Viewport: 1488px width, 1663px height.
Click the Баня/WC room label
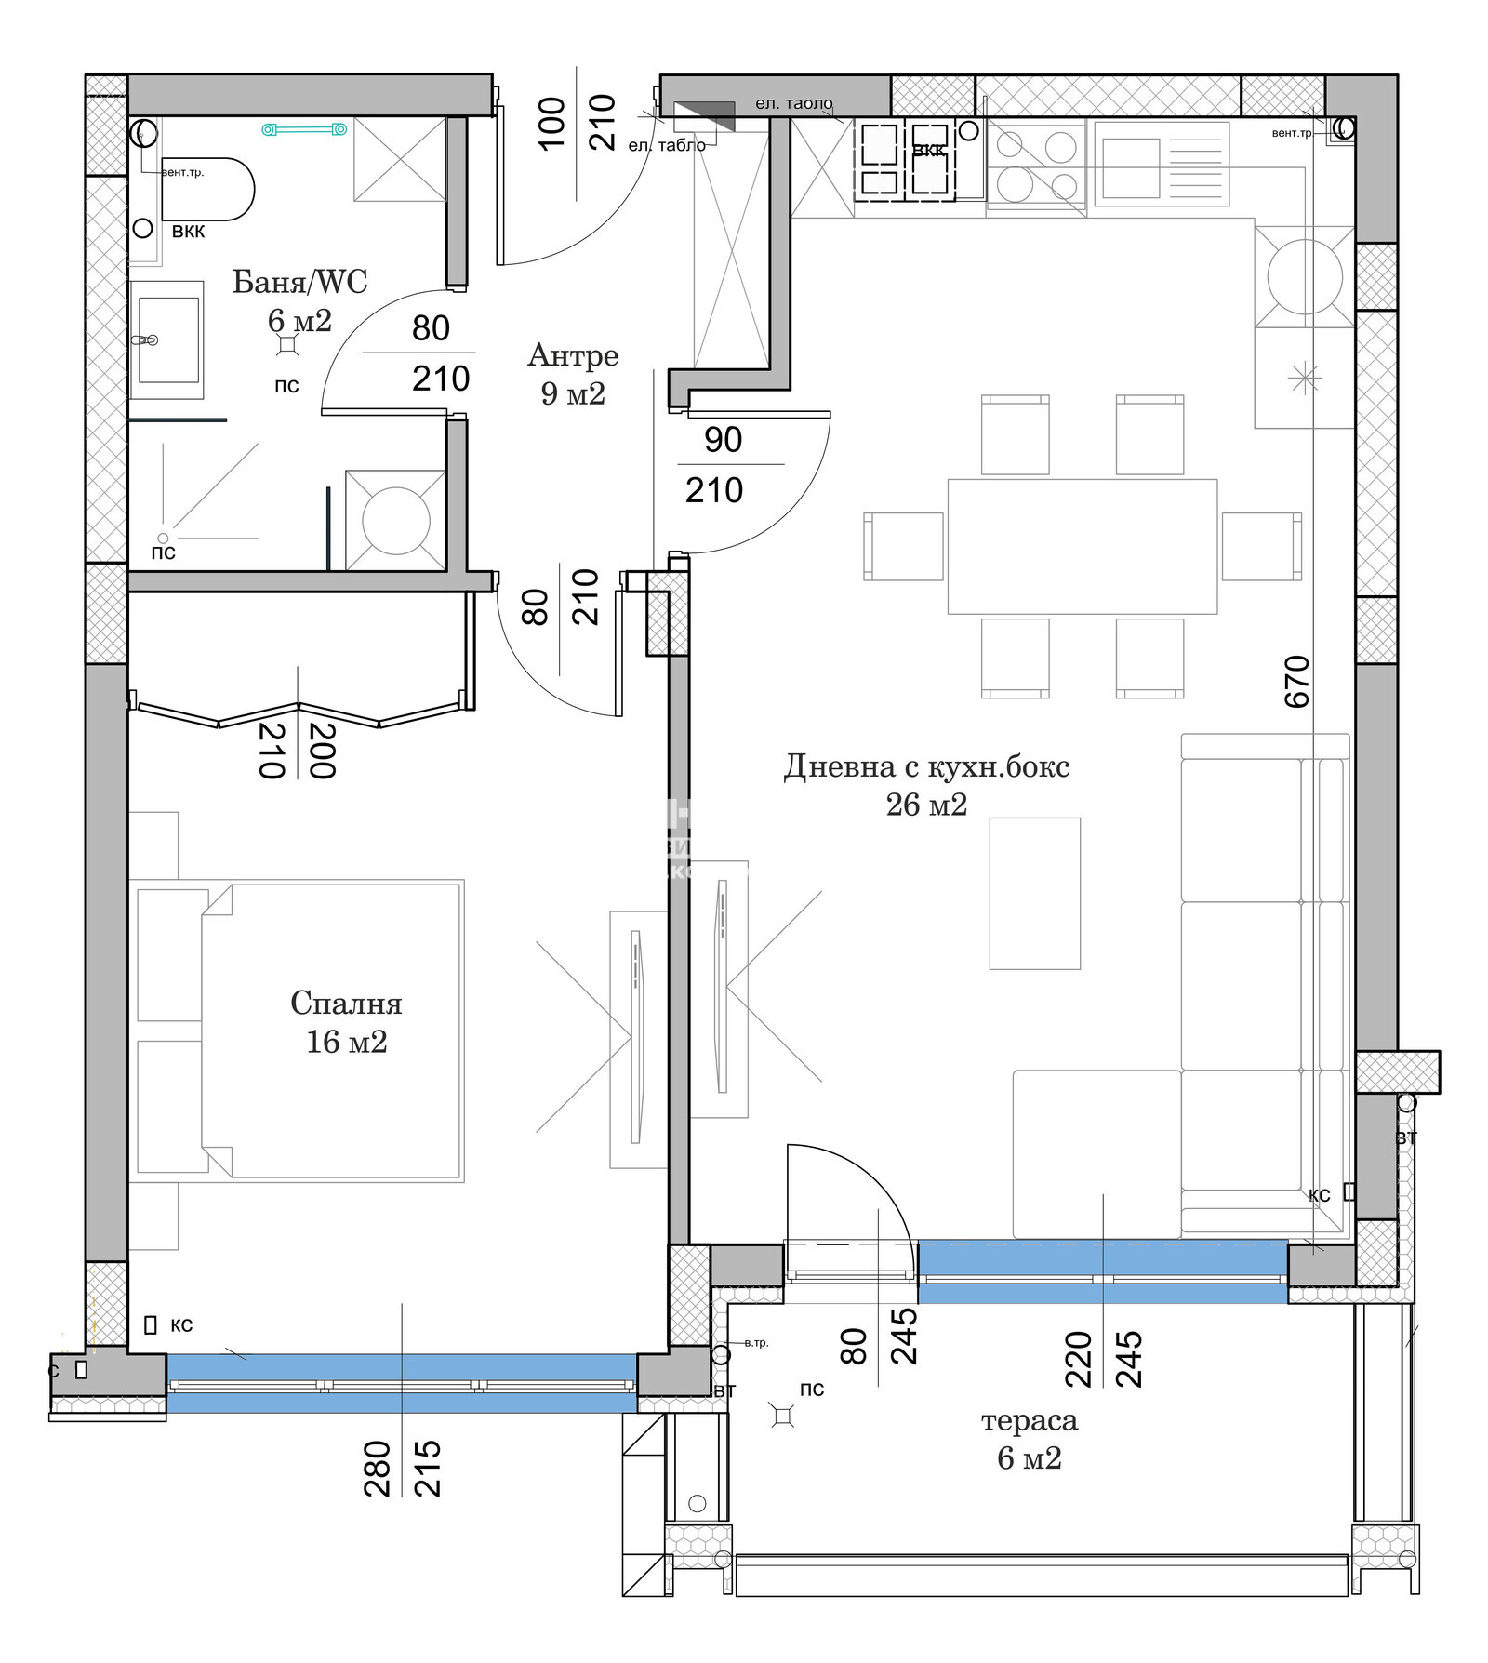[x=299, y=282]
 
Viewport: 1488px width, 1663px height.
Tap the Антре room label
[x=573, y=355]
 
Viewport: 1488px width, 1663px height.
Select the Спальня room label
[x=346, y=1004]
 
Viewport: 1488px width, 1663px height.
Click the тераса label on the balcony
[x=1030, y=1420]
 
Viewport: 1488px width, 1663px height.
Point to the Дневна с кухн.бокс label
[x=926, y=767]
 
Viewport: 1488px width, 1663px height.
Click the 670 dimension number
[x=1296, y=682]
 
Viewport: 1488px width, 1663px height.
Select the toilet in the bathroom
[x=206, y=189]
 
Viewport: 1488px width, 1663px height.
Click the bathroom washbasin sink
[x=167, y=339]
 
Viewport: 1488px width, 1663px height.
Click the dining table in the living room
[x=1082, y=546]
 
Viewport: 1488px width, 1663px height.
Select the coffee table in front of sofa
[x=1034, y=893]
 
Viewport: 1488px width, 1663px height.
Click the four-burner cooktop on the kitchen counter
[x=1036, y=166]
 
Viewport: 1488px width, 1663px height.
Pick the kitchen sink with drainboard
[x=1161, y=164]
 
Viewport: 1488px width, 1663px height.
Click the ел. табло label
[x=667, y=145]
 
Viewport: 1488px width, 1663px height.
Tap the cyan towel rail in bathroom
[x=304, y=129]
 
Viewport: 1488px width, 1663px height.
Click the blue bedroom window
[x=402, y=1383]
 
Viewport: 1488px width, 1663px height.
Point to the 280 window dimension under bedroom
[x=377, y=1468]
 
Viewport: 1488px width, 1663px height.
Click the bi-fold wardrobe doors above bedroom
[x=298, y=713]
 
